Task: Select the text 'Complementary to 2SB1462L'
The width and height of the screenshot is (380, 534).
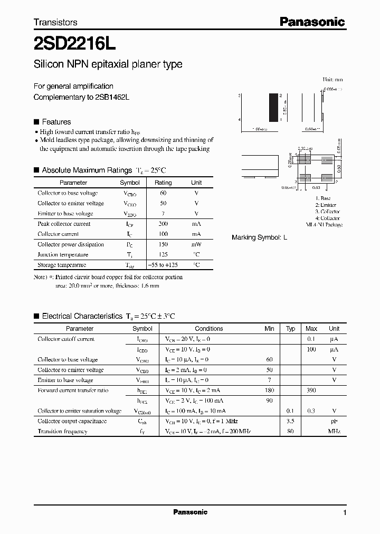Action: pyautogui.click(x=81, y=97)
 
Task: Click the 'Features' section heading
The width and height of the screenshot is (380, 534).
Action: pyautogui.click(x=56, y=122)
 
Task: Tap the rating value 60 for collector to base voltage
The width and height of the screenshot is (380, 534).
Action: pyautogui.click(x=163, y=193)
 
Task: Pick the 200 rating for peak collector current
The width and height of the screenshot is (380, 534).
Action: pyautogui.click(x=163, y=224)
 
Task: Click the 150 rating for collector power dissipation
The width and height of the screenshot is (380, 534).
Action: pyautogui.click(x=163, y=244)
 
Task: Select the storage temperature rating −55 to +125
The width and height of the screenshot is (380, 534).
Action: pyautogui.click(x=163, y=265)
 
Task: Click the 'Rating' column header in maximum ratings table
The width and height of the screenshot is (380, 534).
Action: pyautogui.click(x=163, y=183)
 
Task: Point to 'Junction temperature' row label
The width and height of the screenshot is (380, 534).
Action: pyautogui.click(x=63, y=255)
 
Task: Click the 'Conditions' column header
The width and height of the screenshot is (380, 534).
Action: pyautogui.click(x=209, y=328)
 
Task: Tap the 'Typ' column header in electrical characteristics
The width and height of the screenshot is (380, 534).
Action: pyautogui.click(x=290, y=328)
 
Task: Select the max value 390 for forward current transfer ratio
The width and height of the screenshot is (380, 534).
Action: pyautogui.click(x=311, y=390)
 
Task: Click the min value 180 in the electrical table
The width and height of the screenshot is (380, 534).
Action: pyautogui.click(x=269, y=390)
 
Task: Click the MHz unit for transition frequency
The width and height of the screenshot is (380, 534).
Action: pyautogui.click(x=334, y=432)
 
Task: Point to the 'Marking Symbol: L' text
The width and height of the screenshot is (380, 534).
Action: pyautogui.click(x=259, y=238)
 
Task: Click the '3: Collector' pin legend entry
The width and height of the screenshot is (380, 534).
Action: pyautogui.click(x=327, y=212)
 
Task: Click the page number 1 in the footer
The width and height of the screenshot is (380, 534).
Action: pyautogui.click(x=345, y=513)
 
